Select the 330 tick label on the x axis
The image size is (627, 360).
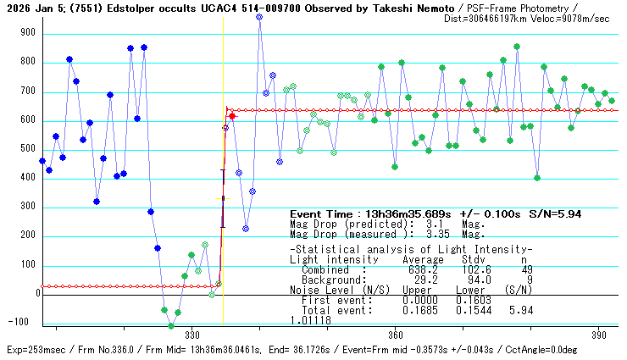(x=191, y=333)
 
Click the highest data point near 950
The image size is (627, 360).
(x=259, y=17)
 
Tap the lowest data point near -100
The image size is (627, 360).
(x=171, y=325)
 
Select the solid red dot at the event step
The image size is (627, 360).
(x=232, y=115)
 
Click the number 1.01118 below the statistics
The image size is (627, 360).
(x=310, y=320)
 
